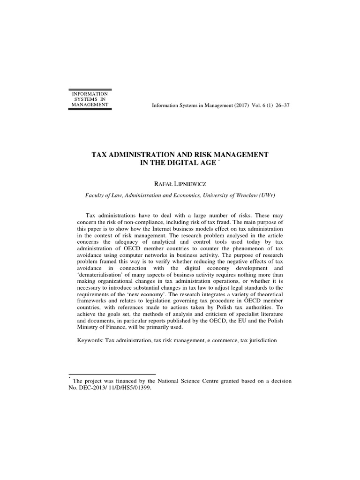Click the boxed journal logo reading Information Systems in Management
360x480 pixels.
pos(90,99)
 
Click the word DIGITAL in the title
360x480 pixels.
pos(184,163)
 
